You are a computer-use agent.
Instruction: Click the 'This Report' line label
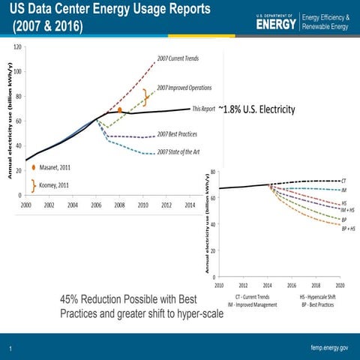[x=204, y=109]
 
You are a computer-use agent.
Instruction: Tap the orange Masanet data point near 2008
[x=119, y=111]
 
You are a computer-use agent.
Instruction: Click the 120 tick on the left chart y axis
[x=16, y=46]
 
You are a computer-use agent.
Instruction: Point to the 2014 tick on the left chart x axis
[x=190, y=204]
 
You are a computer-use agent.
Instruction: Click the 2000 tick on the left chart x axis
[x=25, y=204]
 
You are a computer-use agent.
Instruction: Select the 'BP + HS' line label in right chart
[x=348, y=228]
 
